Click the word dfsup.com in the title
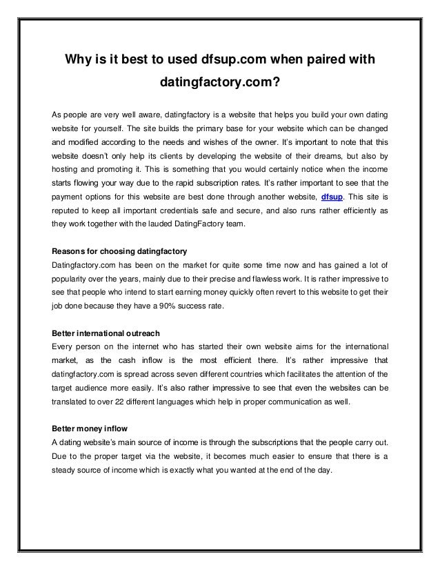click(234, 60)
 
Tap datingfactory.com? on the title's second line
click(219, 85)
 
